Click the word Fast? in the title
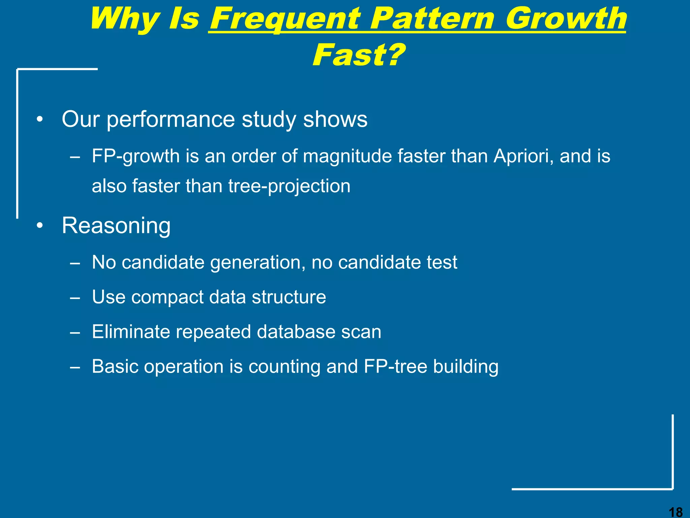tap(358, 55)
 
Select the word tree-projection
tap(289, 186)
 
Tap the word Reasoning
tap(116, 226)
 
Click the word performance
tap(171, 120)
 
